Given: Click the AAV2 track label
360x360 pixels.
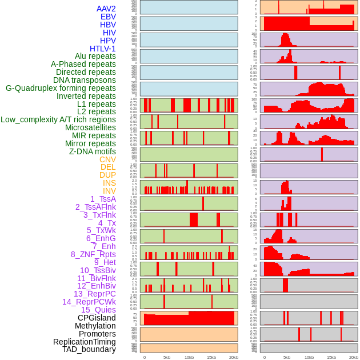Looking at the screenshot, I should [x=106, y=9].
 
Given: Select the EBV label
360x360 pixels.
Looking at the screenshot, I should [x=108, y=17].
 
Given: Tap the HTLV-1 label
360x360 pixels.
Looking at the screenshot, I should [x=102, y=49].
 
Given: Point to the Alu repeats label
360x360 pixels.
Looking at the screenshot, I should [x=95, y=56].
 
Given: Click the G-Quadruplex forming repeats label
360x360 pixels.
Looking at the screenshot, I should [x=61, y=88].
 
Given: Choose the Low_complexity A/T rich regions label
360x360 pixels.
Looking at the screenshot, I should [x=58, y=119].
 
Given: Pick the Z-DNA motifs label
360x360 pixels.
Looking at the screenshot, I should [x=92, y=151].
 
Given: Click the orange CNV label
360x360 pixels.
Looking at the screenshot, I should [x=107, y=159].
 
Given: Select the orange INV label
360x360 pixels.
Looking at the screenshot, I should [x=109, y=191].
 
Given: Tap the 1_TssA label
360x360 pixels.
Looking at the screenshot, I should [x=103, y=199].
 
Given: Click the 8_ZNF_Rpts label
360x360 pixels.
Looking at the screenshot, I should [x=93, y=254].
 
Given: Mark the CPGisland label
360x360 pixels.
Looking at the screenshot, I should [x=97, y=318].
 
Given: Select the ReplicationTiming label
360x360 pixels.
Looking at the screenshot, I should [x=85, y=342].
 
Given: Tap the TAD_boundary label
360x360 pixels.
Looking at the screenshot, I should [x=89, y=349].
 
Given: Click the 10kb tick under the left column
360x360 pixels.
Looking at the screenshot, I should [x=189, y=357].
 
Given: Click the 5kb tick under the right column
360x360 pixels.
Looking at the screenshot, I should [x=287, y=357].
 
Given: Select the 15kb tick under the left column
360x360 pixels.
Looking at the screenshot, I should [x=211, y=357].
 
